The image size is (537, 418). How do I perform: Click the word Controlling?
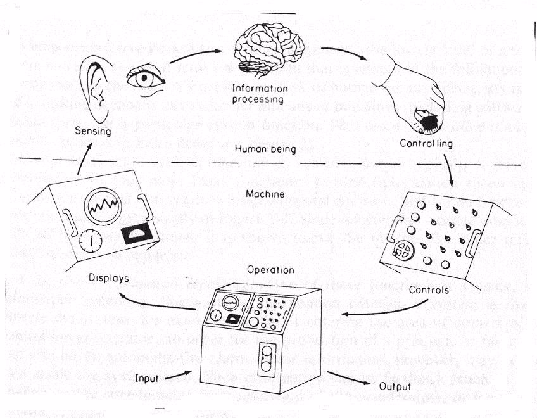pyautogui.click(x=426, y=144)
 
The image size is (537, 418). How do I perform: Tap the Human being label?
pyautogui.click(x=262, y=149)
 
